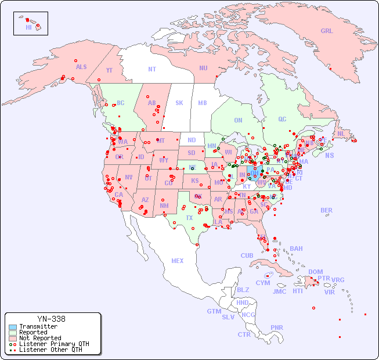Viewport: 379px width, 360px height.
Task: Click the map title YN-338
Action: (51, 319)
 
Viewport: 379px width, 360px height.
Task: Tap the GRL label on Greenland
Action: (327, 31)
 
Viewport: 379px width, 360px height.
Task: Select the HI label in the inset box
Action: (28, 27)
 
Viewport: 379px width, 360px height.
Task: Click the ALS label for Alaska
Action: (81, 67)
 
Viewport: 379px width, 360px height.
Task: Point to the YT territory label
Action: (109, 70)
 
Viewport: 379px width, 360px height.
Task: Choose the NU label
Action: (203, 68)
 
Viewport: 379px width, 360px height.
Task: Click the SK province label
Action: (179, 103)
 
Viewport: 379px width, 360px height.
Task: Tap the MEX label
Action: (177, 261)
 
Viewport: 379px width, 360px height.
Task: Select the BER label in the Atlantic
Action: (326, 210)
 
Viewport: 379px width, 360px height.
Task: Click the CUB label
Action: (247, 255)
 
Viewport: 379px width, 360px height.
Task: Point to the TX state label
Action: (189, 218)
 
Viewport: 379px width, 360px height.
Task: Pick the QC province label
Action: (282, 119)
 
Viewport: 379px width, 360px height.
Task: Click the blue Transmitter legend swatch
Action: (12, 327)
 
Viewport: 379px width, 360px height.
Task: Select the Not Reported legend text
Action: (40, 338)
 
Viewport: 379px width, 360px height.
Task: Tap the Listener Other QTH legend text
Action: (50, 350)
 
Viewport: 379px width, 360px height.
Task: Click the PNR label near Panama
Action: (277, 327)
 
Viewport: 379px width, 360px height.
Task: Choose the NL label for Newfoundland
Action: (341, 133)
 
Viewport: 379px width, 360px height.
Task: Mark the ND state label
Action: (192, 140)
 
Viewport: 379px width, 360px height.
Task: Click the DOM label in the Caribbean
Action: (315, 272)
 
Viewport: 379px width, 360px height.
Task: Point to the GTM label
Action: (214, 311)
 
